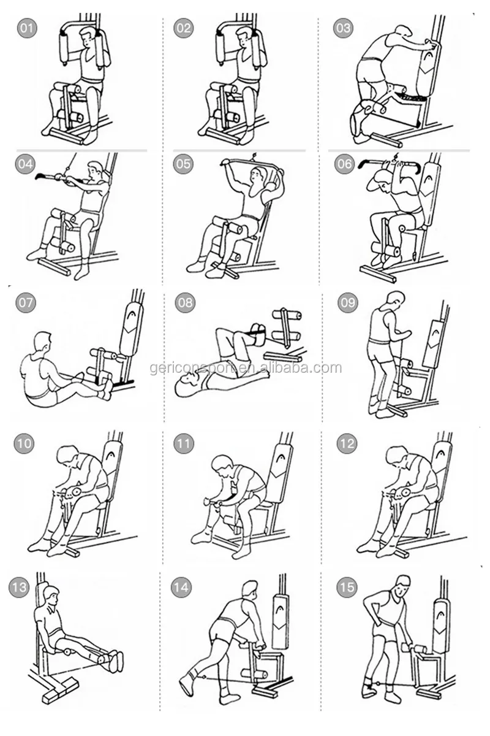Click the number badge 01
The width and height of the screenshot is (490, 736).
pyautogui.click(x=27, y=28)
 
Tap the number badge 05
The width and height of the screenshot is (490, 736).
pyautogui.click(x=183, y=163)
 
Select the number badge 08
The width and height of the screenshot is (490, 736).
pyautogui.click(x=185, y=302)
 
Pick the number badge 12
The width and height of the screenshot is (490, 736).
pyautogui.click(x=347, y=443)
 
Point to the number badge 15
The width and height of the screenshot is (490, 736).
pyautogui.click(x=347, y=587)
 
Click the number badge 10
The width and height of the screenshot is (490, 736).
pyautogui.click(x=24, y=443)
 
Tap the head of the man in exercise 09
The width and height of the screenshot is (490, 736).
pyautogui.click(x=396, y=301)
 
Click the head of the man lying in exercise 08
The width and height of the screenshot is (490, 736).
pyautogui.click(x=186, y=384)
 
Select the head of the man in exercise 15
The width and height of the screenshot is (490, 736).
pyautogui.click(x=402, y=586)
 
